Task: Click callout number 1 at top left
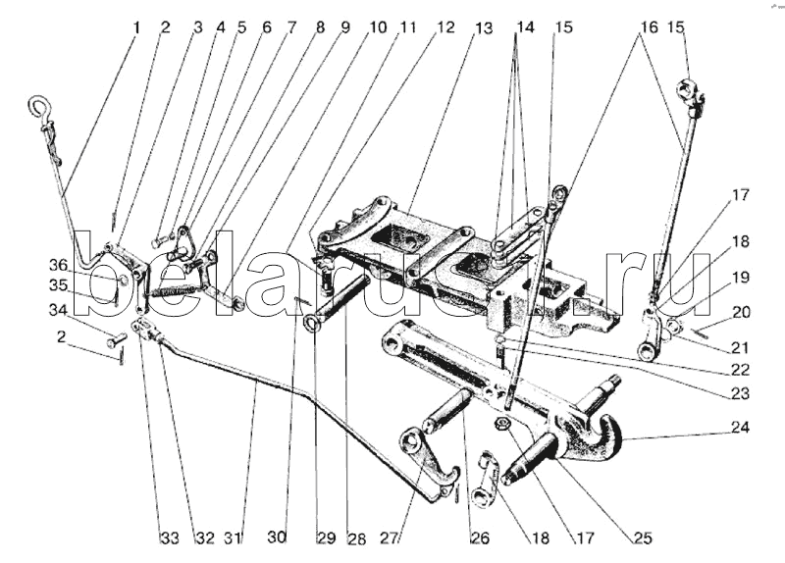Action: [136, 27]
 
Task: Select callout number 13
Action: [484, 27]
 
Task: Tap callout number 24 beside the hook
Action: [738, 428]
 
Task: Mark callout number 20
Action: [740, 312]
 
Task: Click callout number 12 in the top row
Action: [446, 27]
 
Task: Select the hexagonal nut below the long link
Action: [501, 424]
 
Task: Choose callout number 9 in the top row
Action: [343, 27]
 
